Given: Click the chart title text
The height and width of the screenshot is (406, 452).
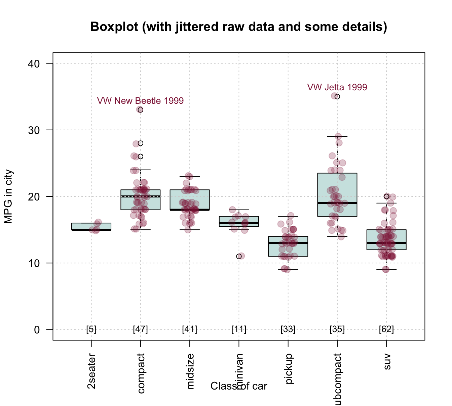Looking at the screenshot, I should click(x=238, y=27).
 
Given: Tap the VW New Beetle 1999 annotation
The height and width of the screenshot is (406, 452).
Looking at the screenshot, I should click(x=140, y=101).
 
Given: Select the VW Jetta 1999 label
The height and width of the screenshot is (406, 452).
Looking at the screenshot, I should click(x=337, y=87).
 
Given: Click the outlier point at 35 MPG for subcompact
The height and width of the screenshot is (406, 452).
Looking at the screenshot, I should click(x=337, y=97).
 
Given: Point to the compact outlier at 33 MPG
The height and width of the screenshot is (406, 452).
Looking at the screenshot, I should click(x=140, y=110).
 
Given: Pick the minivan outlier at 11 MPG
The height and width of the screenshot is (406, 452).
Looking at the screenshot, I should click(x=239, y=256).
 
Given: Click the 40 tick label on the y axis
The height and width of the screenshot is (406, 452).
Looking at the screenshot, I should click(x=33, y=64).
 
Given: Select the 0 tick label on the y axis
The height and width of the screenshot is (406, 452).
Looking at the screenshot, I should click(x=37, y=330).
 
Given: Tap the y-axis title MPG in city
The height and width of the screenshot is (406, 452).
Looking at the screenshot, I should click(x=8, y=196).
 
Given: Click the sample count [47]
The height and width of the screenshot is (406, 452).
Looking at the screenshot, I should click(x=140, y=329).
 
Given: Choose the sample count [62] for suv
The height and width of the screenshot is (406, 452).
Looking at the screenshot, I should click(x=386, y=329).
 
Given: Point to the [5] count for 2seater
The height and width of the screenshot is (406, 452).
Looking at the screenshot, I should click(x=91, y=329).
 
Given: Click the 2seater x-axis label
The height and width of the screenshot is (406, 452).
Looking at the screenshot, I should click(x=91, y=371).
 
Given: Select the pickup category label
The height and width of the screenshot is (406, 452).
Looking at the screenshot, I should click(x=289, y=369).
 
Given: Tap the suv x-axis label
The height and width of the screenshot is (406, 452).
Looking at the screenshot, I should click(x=387, y=362).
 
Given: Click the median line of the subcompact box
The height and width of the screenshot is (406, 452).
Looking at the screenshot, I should click(x=337, y=203).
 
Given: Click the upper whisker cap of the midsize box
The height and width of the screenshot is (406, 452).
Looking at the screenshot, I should click(x=190, y=176).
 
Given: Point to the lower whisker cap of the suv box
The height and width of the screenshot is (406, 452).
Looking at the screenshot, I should click(x=386, y=270).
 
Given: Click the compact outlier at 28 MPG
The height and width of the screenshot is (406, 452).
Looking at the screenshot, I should click(x=140, y=143).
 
